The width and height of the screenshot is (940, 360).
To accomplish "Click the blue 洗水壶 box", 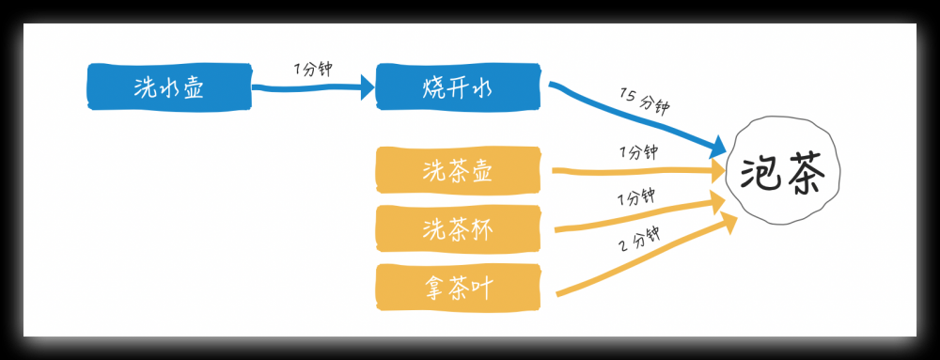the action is (169, 86).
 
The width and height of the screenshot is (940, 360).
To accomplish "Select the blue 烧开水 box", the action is (458, 86).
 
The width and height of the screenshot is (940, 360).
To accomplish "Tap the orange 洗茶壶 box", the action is (458, 171).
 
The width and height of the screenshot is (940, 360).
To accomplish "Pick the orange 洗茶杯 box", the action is (458, 228).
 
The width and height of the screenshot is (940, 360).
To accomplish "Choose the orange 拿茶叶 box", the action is (458, 286).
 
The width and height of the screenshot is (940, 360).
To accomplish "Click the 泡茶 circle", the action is (782, 172).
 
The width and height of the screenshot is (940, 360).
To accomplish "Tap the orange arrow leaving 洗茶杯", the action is (639, 217).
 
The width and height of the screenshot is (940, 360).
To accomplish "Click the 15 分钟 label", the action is (645, 101).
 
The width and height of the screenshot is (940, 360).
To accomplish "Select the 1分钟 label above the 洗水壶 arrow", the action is (313, 70).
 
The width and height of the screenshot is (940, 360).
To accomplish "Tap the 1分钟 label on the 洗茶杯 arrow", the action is (635, 198).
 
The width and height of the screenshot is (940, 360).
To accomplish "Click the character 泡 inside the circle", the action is (760, 173).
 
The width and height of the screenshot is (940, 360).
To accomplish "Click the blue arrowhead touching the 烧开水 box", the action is (366, 88).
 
